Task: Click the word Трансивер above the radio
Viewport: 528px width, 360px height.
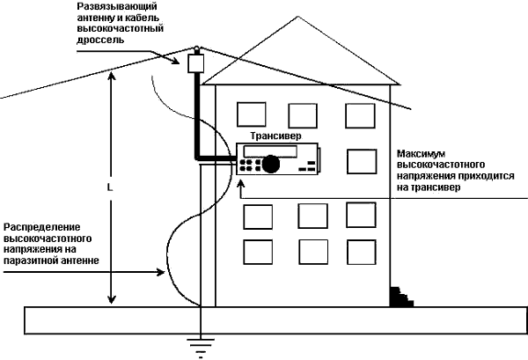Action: (x=275, y=137)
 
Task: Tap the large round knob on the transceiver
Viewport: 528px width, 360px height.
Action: (x=273, y=163)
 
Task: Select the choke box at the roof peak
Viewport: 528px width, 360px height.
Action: (x=194, y=63)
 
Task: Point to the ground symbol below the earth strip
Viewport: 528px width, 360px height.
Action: (x=202, y=349)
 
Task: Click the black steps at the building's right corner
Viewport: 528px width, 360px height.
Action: (x=400, y=296)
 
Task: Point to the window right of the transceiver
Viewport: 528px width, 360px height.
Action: (x=361, y=161)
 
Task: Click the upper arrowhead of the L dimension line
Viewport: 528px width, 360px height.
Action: (x=111, y=76)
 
